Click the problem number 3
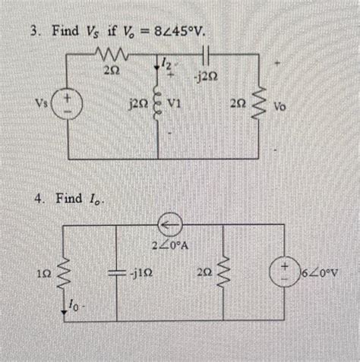33,33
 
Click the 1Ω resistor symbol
69,270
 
